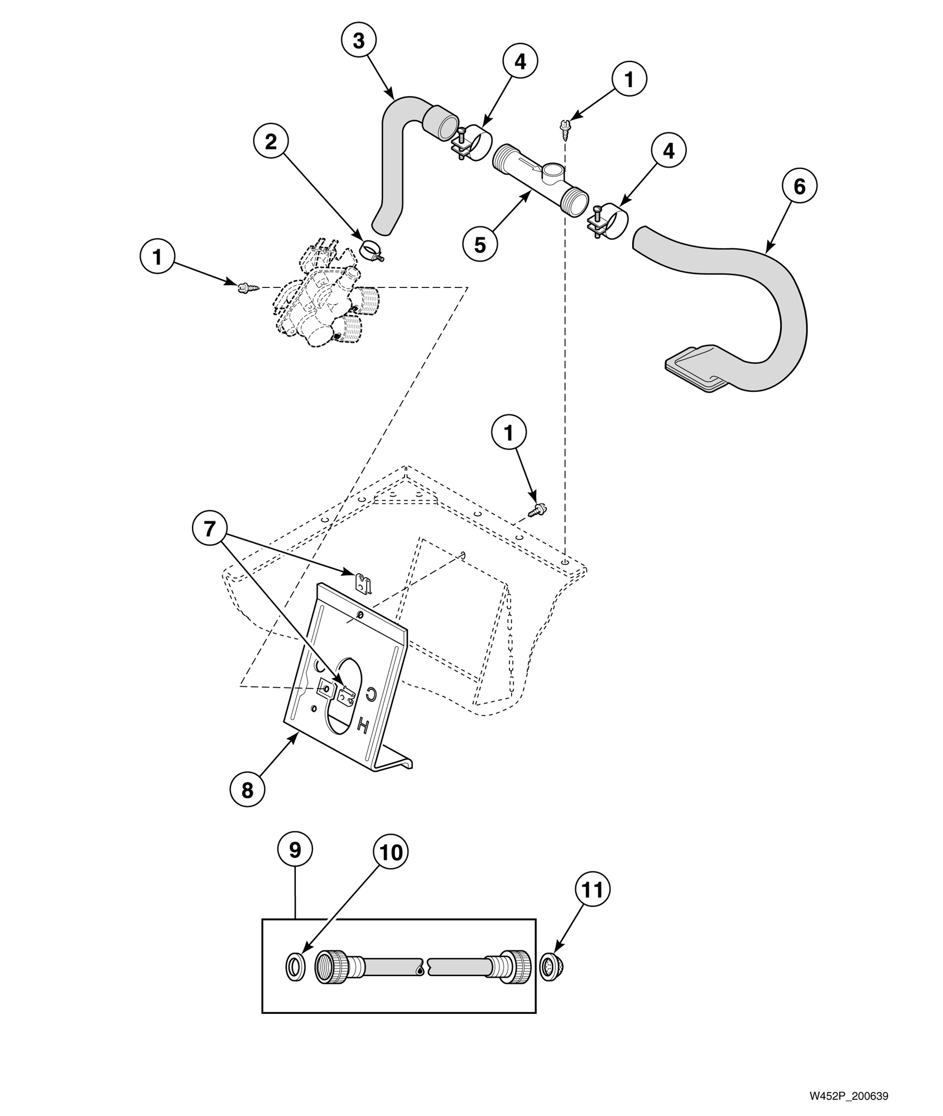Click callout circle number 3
359,41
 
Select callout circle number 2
271,142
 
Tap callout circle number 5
480,244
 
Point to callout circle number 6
799,187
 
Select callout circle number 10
391,852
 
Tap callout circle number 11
593,890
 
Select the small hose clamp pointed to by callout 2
371,249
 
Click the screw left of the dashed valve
243,287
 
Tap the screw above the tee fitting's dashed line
564,127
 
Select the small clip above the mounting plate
363,583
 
